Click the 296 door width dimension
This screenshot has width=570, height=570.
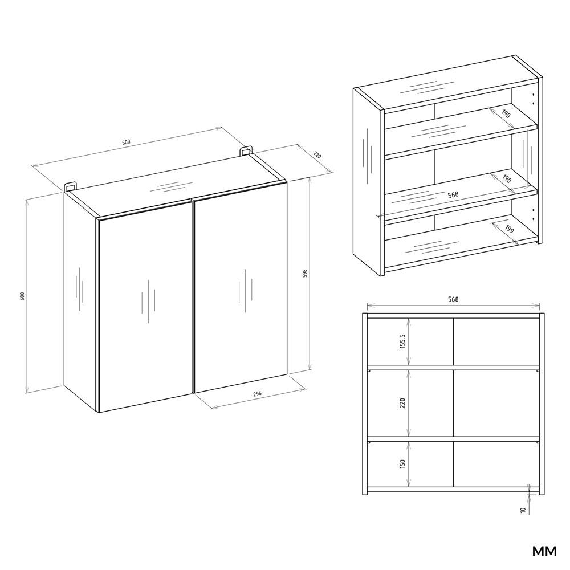(258, 394)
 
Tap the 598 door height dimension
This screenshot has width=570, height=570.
(305, 274)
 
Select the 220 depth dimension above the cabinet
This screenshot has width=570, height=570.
(317, 155)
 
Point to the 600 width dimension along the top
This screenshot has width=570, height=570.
(126, 142)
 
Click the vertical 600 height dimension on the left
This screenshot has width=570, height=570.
(22, 296)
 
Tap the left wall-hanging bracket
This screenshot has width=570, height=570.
(71, 186)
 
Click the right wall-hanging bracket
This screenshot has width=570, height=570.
(246, 151)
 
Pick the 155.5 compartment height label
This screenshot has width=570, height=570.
(402, 341)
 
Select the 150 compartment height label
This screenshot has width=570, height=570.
(402, 464)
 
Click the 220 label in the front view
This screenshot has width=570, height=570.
(402, 403)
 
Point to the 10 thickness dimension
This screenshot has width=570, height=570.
(523, 510)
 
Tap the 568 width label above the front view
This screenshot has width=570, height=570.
(453, 299)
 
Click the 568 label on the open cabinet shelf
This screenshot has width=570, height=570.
(453, 194)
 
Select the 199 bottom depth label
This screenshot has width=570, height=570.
(509, 229)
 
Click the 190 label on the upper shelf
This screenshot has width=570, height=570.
(506, 114)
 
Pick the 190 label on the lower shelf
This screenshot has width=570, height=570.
(506, 180)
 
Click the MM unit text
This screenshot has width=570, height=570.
(544, 551)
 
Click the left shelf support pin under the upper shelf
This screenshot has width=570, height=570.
(368, 371)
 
